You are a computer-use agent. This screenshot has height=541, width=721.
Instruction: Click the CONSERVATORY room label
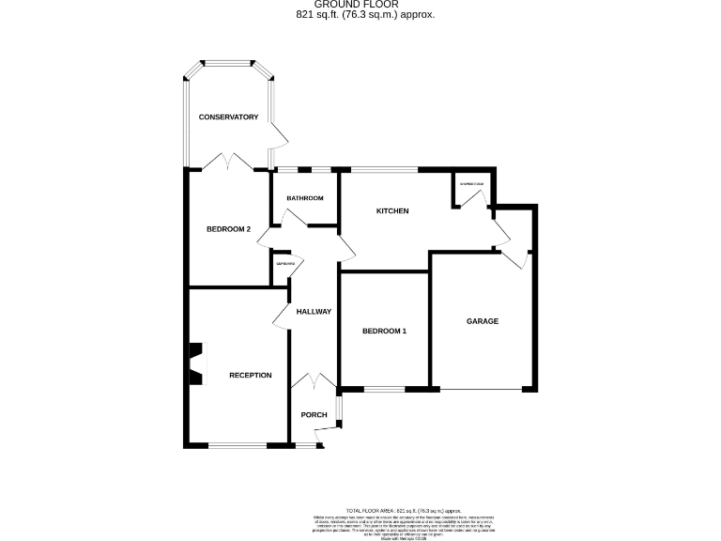228,117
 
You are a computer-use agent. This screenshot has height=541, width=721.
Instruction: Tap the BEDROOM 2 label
228,229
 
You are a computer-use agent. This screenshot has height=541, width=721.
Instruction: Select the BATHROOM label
305,198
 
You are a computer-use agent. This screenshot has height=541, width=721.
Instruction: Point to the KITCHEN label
392,211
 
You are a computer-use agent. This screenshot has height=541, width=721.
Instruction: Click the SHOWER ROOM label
472,184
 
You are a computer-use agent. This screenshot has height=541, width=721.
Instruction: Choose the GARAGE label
483,321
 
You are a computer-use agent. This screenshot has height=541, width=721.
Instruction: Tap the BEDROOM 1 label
385,331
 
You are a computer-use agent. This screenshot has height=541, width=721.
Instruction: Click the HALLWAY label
314,312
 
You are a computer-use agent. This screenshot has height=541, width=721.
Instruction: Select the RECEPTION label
251,376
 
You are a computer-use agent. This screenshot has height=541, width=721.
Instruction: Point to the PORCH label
314,415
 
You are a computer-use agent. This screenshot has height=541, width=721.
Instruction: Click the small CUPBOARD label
285,264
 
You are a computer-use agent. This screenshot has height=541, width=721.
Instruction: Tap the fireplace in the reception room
196,363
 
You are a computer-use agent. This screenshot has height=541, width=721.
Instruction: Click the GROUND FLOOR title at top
360,5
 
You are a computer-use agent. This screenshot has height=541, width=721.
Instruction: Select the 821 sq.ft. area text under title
360,15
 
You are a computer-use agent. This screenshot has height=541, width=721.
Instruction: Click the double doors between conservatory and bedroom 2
228,163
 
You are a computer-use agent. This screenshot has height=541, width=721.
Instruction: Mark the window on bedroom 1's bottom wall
384,389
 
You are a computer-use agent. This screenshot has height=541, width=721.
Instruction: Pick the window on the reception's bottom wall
238,445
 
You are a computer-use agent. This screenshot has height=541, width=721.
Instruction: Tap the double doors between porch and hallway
314,381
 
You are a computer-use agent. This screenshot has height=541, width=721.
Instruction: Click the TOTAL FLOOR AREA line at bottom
405,506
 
